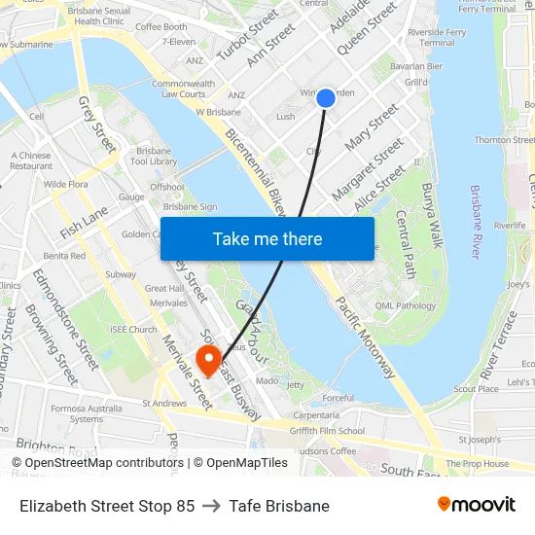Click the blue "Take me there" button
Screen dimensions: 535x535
tap(267, 238)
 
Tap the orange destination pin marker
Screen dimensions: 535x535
tap(208, 360)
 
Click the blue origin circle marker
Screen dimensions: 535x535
tap(326, 97)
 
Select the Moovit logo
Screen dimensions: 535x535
tap(477, 505)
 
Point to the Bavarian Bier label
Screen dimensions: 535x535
tap(416, 67)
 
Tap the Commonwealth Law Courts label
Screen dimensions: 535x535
tap(183, 89)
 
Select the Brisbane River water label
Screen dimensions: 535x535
tap(476, 223)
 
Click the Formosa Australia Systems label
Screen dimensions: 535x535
tap(87, 412)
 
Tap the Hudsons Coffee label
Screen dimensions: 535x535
tap(323, 450)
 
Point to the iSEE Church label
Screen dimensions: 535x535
tap(134, 330)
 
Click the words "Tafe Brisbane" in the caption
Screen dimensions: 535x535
tap(281, 506)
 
